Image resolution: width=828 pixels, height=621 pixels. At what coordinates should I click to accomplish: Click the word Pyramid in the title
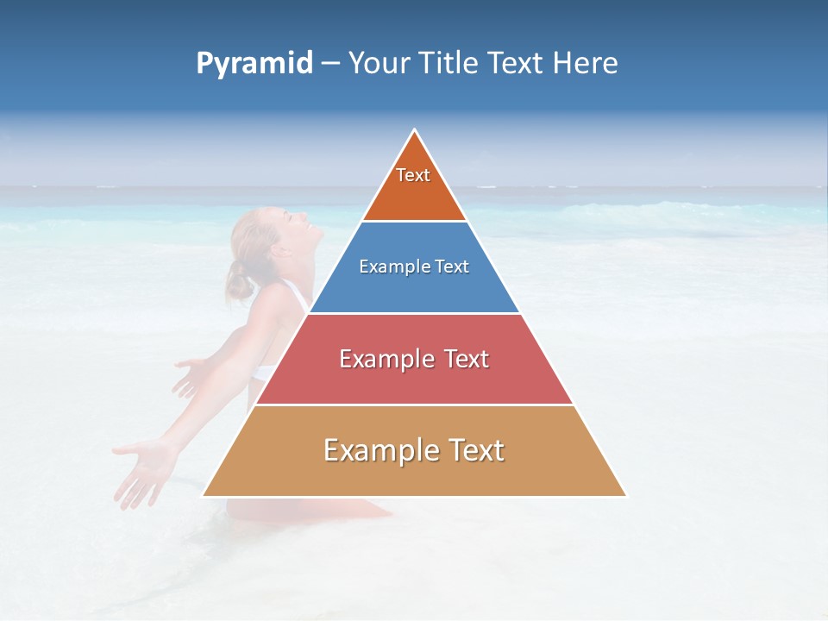pyautogui.click(x=254, y=64)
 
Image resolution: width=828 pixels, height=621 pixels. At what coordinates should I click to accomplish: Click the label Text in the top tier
pyautogui.click(x=413, y=175)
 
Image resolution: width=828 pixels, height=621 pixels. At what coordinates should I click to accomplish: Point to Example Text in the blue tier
pyautogui.click(x=414, y=267)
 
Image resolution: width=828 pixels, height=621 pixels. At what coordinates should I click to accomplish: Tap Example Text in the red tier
pyautogui.click(x=414, y=359)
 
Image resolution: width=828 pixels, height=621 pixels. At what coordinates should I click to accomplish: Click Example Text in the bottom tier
pyautogui.click(x=414, y=450)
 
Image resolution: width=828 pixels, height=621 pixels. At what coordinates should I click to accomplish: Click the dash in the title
pyautogui.click(x=330, y=64)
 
